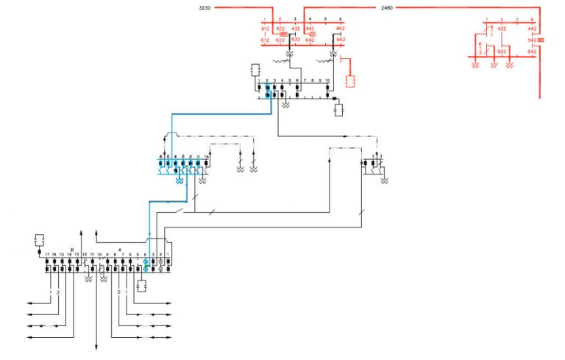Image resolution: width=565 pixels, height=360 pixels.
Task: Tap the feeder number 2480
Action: [x=387, y=7]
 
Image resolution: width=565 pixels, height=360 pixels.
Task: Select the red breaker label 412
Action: [x=265, y=29]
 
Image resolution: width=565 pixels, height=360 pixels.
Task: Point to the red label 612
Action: [x=265, y=40]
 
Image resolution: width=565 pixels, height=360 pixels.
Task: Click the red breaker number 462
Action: [x=340, y=29]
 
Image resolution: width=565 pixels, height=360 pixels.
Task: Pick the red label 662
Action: [x=340, y=40]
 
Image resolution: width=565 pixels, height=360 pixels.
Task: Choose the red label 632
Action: [x=296, y=40]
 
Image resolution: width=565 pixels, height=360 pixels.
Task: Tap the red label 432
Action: [x=296, y=29]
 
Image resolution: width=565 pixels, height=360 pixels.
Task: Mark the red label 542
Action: [x=532, y=40]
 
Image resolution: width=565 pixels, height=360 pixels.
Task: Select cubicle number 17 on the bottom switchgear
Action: [x=47, y=255]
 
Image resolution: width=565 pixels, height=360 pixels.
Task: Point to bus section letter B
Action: [x=72, y=249]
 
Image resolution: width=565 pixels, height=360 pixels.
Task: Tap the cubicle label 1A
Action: [x=207, y=157]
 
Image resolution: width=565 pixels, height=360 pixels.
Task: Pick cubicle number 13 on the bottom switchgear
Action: [x=77, y=255]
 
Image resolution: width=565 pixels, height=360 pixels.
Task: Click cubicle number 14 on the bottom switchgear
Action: [x=69, y=255]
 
